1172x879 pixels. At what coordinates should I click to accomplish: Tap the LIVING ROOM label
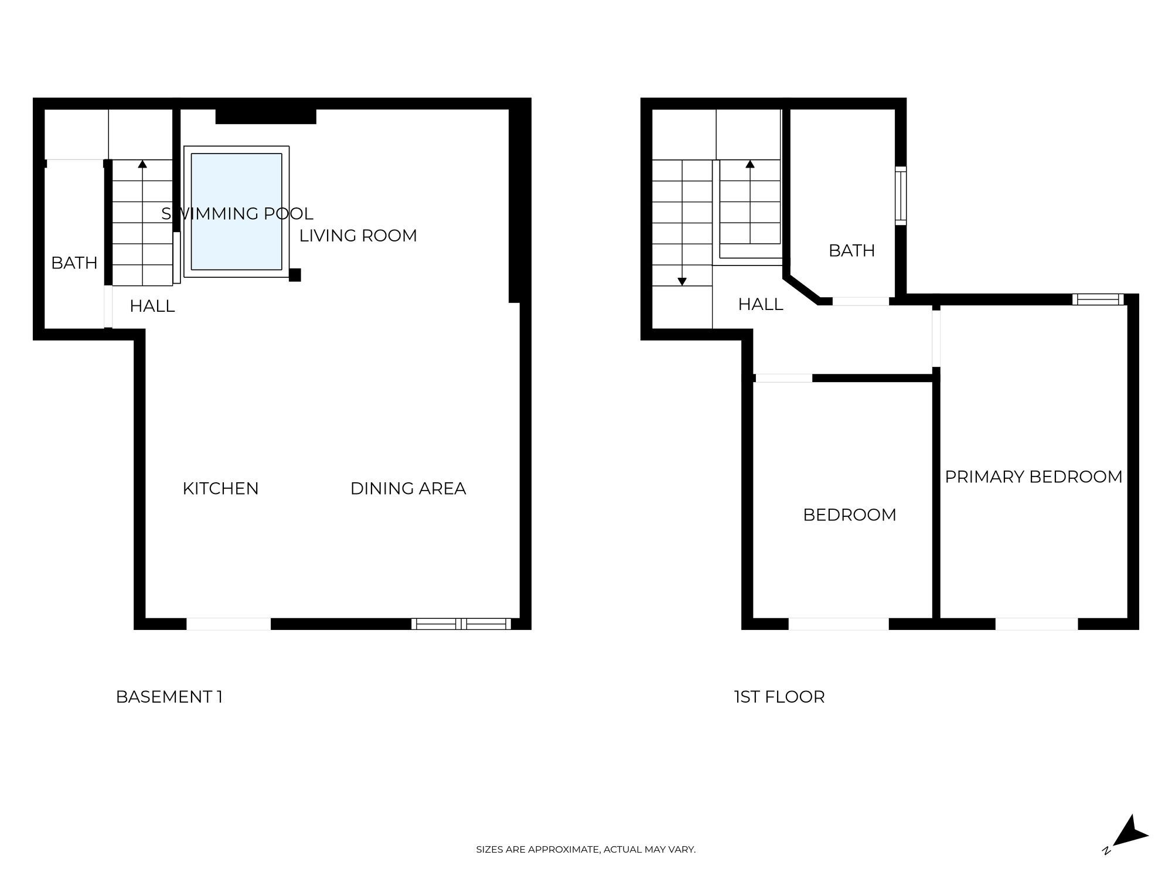[x=358, y=236]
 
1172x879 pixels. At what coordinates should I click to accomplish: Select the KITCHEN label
[x=220, y=488]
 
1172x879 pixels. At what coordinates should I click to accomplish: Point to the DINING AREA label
[x=408, y=488]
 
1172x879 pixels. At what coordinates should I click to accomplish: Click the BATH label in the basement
[x=74, y=263]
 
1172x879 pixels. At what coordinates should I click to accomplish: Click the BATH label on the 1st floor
[x=851, y=251]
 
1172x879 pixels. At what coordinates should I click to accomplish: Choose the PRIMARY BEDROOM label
[x=1033, y=476]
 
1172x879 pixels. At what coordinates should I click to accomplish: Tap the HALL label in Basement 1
[x=152, y=306]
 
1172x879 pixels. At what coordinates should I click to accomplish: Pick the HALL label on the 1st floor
[x=760, y=304]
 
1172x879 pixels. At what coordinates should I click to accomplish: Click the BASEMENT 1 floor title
[x=169, y=697]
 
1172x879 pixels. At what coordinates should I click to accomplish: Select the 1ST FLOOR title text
[x=779, y=697]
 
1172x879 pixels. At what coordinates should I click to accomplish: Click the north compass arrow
[x=1130, y=832]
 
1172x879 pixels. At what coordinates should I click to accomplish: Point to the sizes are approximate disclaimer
[x=585, y=849]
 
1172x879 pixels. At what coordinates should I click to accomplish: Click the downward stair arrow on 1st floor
[x=682, y=281]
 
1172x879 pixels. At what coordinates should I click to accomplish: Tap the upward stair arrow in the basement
[x=142, y=164]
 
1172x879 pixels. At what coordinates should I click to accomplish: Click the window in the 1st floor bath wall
[x=901, y=196]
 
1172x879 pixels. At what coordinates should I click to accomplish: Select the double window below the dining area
[x=461, y=624]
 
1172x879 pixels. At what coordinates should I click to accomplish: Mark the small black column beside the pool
[x=295, y=275]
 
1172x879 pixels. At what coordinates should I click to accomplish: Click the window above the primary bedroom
[x=1098, y=299]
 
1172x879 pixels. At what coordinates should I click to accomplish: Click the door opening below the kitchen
[x=229, y=624]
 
